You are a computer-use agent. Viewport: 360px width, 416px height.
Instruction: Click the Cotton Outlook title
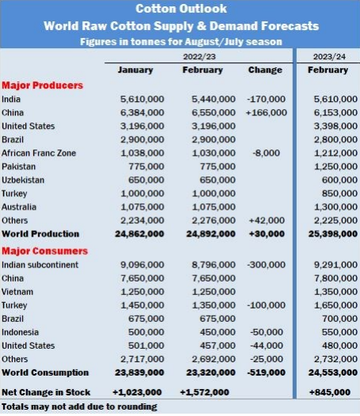(x=181, y=9)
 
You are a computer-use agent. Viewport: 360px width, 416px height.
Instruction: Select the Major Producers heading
(x=43, y=85)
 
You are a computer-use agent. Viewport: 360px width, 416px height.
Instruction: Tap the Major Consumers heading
(x=44, y=251)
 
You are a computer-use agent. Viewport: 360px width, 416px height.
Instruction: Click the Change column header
(x=265, y=70)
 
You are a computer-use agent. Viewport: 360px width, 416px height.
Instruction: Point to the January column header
(x=135, y=70)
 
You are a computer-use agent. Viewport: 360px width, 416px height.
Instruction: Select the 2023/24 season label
(x=329, y=56)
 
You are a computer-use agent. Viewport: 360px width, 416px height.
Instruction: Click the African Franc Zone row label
(x=39, y=153)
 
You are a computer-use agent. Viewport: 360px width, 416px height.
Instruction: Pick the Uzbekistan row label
(x=23, y=180)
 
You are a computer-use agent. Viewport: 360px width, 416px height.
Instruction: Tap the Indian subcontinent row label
(x=40, y=265)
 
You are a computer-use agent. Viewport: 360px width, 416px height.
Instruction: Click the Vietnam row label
(x=17, y=292)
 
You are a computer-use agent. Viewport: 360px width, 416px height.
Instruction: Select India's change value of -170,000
(x=267, y=99)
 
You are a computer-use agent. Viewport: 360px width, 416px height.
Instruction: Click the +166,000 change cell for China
(x=267, y=113)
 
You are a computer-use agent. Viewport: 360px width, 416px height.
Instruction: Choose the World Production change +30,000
(x=267, y=234)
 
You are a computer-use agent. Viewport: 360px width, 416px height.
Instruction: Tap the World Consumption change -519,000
(x=267, y=373)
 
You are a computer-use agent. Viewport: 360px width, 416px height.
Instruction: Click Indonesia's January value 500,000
(x=146, y=332)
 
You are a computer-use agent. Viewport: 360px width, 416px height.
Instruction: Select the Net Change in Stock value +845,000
(x=330, y=392)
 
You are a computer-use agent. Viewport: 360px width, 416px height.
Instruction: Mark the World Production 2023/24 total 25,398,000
(x=333, y=234)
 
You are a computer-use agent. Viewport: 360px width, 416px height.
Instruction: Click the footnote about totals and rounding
(x=79, y=407)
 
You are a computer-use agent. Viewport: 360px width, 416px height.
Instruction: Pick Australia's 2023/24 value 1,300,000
(x=335, y=207)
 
